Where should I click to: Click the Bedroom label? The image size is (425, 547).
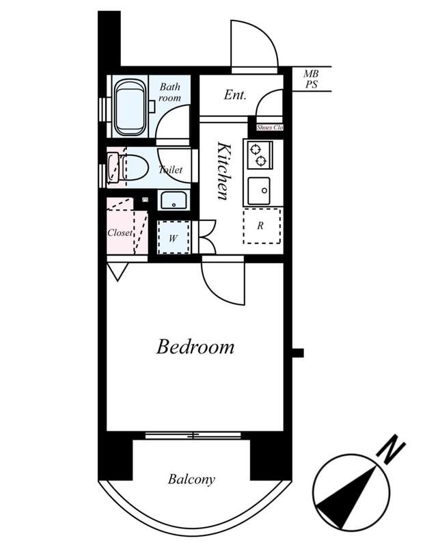195,347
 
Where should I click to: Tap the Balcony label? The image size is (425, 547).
191,479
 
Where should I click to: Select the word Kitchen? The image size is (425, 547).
223,170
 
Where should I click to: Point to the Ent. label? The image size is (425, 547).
235,94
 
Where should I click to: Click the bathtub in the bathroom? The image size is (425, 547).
131,108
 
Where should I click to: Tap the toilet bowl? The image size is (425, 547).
133,168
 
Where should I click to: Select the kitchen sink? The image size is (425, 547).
259,191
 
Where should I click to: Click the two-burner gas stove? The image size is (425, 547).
258,155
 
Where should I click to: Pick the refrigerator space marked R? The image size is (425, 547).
262,226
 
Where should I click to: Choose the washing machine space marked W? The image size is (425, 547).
174,237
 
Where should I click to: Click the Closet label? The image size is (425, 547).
120,232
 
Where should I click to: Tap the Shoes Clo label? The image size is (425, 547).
269,128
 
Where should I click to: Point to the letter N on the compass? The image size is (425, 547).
392,449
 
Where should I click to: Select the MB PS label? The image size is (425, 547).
312,79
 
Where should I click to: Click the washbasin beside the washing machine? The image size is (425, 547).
174,200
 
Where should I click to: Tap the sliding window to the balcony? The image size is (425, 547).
193,435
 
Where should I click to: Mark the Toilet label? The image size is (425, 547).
171,170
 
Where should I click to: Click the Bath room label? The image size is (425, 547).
170,92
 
